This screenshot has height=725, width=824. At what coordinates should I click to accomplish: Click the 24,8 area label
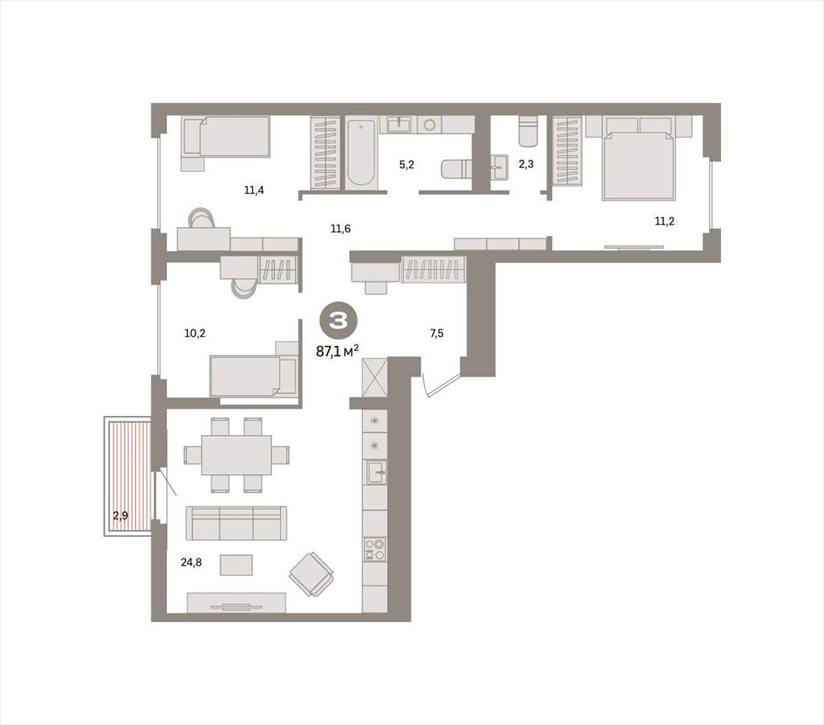(x=192, y=562)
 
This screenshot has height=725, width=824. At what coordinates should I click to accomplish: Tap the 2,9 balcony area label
(x=121, y=515)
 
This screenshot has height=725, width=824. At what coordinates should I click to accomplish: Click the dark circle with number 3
(x=337, y=320)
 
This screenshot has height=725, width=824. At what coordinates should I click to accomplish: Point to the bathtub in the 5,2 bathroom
(x=360, y=152)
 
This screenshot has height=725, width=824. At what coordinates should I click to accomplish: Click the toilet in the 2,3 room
(x=528, y=131)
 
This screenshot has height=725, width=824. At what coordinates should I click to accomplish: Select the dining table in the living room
(x=237, y=455)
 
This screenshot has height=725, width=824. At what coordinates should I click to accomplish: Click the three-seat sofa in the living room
(x=237, y=523)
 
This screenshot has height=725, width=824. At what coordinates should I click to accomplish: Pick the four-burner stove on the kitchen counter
(x=375, y=549)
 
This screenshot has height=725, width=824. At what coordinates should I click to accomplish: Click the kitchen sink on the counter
(x=376, y=472)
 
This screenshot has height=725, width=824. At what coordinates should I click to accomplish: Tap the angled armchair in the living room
(x=311, y=575)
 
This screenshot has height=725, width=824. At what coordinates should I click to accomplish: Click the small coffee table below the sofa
(x=237, y=565)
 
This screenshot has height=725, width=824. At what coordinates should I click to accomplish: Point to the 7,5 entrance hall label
(x=437, y=333)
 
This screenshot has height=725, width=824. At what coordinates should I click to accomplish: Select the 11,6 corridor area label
(x=340, y=229)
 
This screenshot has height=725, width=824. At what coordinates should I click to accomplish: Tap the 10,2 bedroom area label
(x=195, y=333)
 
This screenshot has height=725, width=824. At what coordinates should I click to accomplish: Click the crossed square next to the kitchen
(x=375, y=377)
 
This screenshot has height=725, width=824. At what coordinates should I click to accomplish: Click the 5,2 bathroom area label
(x=406, y=164)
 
